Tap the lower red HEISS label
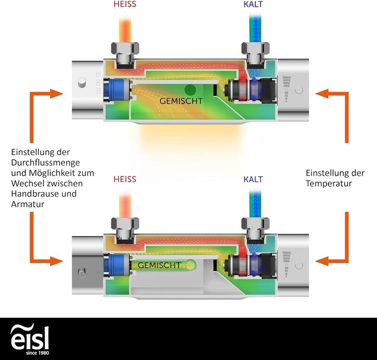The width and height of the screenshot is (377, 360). (x=126, y=179)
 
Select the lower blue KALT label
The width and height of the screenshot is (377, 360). (x=253, y=179)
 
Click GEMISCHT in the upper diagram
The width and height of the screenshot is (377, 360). (x=181, y=102)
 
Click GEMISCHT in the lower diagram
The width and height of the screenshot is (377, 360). (x=159, y=265)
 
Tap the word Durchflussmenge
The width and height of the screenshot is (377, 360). (x=40, y=162)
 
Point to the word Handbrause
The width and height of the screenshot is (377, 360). (x=34, y=194)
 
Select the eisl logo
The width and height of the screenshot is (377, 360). (x=30, y=338)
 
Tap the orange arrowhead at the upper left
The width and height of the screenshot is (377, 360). (x=57, y=94)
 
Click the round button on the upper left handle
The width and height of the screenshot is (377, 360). (x=81, y=83)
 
